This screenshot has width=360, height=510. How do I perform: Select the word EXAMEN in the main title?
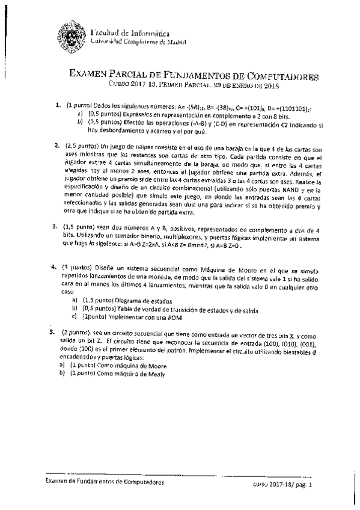click(x=92, y=77)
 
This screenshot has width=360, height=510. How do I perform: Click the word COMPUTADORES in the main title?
click(x=283, y=77)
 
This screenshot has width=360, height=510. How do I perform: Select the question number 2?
click(x=57, y=145)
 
